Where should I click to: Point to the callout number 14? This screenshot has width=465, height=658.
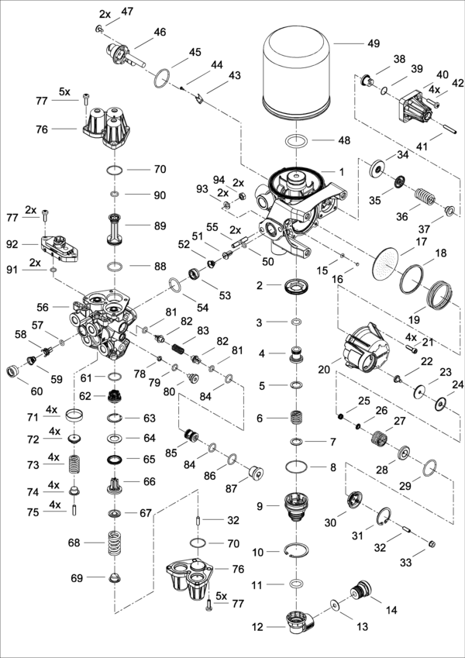(391, 610)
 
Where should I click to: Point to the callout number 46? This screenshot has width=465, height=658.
(160, 32)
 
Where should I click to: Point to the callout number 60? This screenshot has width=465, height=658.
(36, 391)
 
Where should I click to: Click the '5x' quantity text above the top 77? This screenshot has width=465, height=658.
(65, 91)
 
